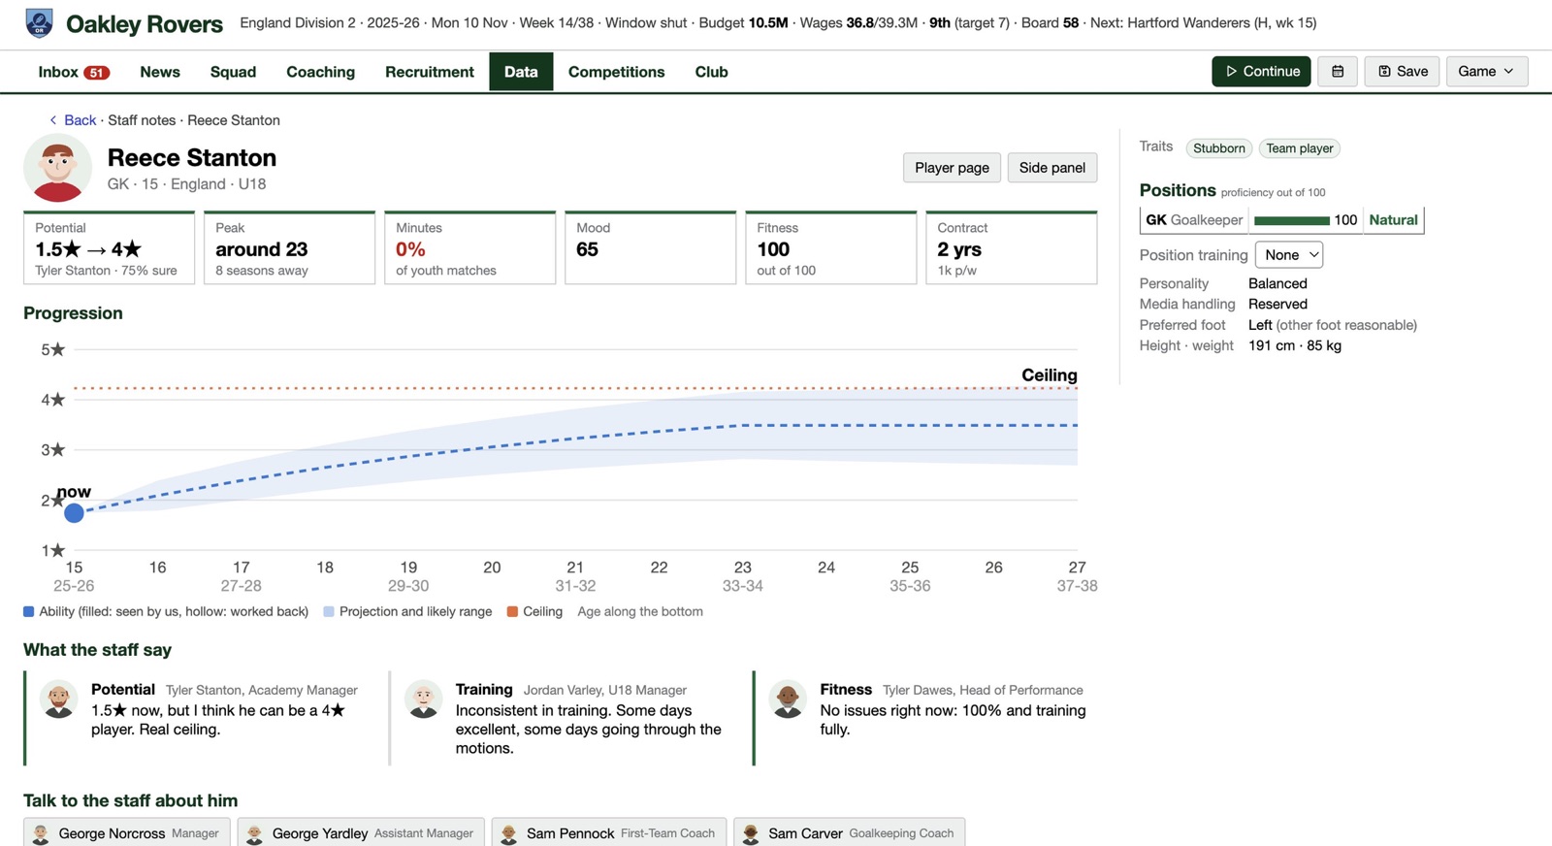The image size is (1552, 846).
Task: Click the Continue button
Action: pos(1261,72)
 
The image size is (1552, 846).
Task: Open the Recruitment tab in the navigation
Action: pos(430,72)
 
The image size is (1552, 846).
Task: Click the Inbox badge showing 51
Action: pos(96,72)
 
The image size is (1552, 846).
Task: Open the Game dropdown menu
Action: pos(1487,72)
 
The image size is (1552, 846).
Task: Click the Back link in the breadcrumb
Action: pos(80,120)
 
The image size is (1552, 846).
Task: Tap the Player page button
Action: pos(952,168)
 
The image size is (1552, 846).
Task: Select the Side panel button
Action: pos(1051,168)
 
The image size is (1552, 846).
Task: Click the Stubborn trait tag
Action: pos(1218,148)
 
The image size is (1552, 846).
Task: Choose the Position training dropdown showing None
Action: pos(1289,255)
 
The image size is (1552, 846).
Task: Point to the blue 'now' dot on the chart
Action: pos(74,512)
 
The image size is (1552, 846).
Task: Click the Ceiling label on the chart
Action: pos(1049,374)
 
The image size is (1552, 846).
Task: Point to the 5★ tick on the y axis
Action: pos(52,349)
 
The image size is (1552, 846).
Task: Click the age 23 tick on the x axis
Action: pos(743,568)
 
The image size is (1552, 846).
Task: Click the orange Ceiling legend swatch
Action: pos(513,612)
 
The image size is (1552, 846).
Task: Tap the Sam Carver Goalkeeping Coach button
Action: pos(849,832)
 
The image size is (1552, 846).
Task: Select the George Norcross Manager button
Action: pos(127,832)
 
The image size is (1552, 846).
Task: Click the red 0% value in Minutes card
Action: pos(411,248)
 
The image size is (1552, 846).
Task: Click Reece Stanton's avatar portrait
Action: pos(57,169)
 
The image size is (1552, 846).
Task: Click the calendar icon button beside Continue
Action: pos(1338,72)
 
